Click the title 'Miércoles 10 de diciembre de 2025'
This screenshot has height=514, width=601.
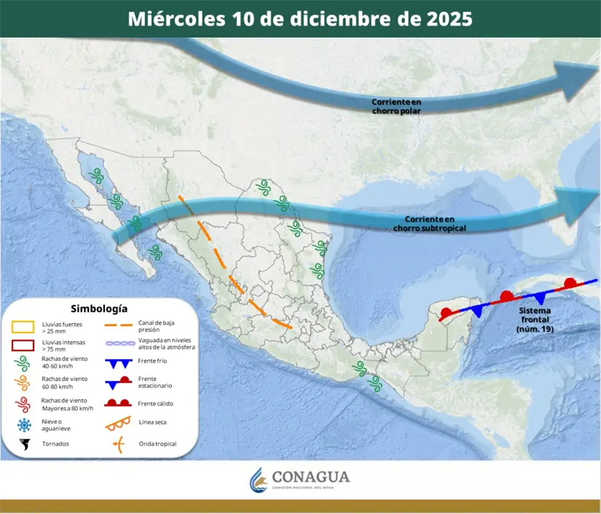click(x=300, y=19)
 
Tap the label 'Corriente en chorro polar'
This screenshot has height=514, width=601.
click(x=396, y=106)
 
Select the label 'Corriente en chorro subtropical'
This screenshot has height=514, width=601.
click(x=429, y=224)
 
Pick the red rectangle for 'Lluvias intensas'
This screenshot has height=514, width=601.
click(x=24, y=345)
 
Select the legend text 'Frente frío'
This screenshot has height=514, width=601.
click(x=152, y=362)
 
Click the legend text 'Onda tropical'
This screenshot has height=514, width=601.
click(x=157, y=443)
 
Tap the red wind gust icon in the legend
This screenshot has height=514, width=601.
click(x=24, y=404)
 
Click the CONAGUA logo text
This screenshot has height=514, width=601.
click(x=310, y=478)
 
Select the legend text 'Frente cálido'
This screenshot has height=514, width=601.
click(x=155, y=403)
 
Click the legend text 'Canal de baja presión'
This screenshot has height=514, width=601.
click(x=157, y=326)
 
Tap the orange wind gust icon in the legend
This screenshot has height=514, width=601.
click(x=24, y=383)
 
